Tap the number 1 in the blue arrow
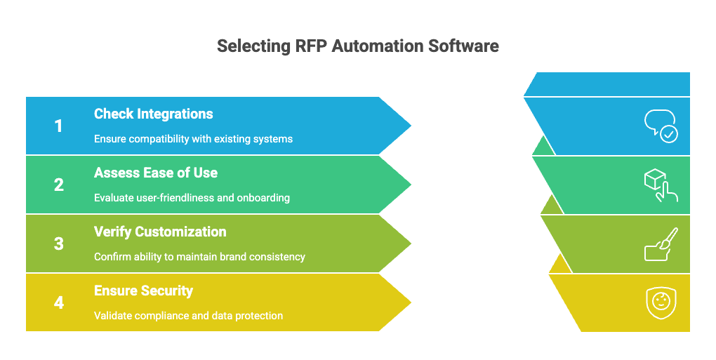[x=58, y=126]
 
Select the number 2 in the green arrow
[x=58, y=185]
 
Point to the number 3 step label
[x=58, y=244]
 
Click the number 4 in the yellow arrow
[x=58, y=303]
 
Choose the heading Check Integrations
[x=153, y=114]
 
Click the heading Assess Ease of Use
[x=156, y=173]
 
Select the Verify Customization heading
[x=160, y=232]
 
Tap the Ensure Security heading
[x=143, y=291]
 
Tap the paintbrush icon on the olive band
[x=661, y=244]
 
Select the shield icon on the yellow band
[x=661, y=302]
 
